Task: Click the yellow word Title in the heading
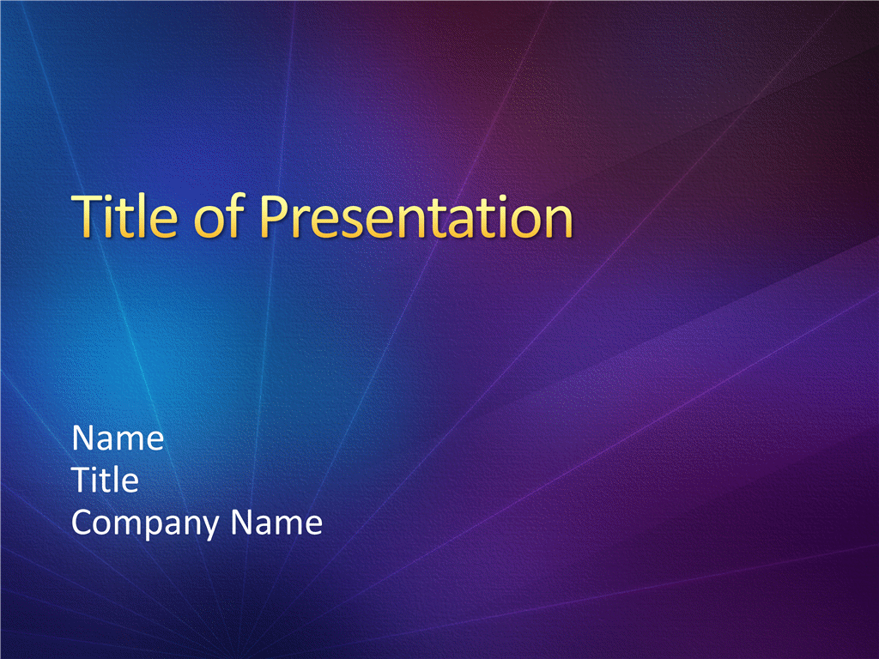point(125,215)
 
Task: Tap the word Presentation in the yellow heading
point(416,215)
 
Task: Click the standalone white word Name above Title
point(118,438)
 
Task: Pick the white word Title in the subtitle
point(106,480)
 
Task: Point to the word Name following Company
point(276,523)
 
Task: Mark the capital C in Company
point(83,523)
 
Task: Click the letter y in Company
point(209,528)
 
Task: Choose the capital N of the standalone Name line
point(82,438)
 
